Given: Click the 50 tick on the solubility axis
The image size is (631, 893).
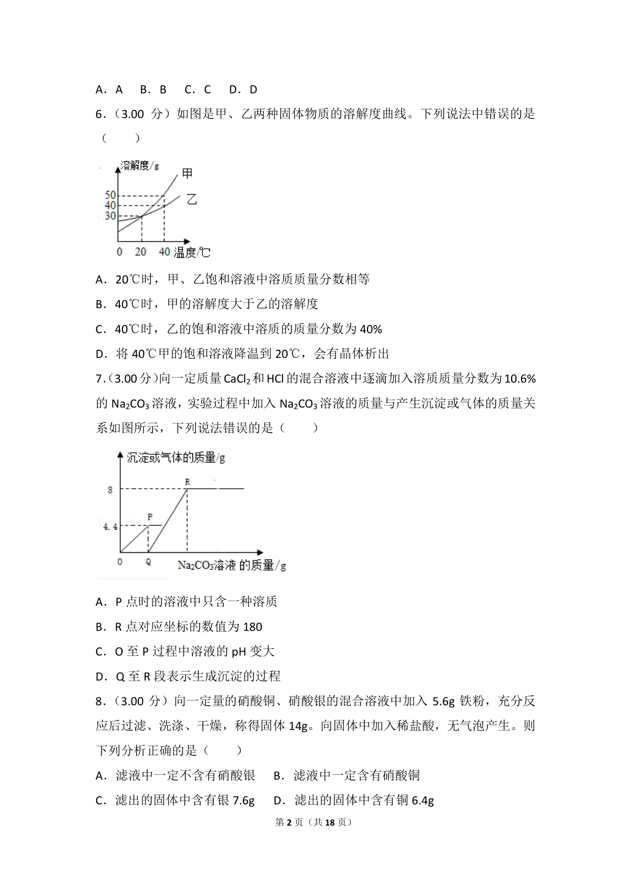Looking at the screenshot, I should click(x=110, y=196).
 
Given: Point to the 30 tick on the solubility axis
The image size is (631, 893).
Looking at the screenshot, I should click(x=110, y=216).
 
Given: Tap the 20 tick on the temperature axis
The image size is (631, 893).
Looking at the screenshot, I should click(x=140, y=252).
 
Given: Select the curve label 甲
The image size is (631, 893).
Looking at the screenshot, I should click(x=187, y=173).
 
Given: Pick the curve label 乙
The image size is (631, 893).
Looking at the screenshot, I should click(x=191, y=199).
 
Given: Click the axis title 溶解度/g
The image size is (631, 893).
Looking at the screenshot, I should click(x=140, y=166).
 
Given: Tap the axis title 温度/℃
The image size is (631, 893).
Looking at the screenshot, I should click(x=192, y=252).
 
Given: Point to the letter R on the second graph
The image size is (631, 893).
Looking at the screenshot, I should click(x=187, y=482).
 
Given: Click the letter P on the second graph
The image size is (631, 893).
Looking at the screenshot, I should click(x=150, y=517).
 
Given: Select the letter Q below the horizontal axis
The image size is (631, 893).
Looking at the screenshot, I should click(x=148, y=562).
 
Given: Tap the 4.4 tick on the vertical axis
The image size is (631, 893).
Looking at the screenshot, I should click(x=110, y=526).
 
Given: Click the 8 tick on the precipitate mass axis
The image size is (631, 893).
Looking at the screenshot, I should click(x=110, y=490).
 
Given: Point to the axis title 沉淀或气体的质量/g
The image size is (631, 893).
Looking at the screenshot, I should click(x=176, y=458).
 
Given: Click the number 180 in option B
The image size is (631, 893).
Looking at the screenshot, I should click(x=253, y=627).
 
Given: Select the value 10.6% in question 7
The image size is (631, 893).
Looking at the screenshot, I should click(x=520, y=379).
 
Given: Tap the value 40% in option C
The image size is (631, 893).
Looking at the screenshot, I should click(x=371, y=329).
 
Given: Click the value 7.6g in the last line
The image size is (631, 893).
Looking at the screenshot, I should click(x=243, y=800).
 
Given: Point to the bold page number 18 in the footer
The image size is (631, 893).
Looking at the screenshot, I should click(x=330, y=822).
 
